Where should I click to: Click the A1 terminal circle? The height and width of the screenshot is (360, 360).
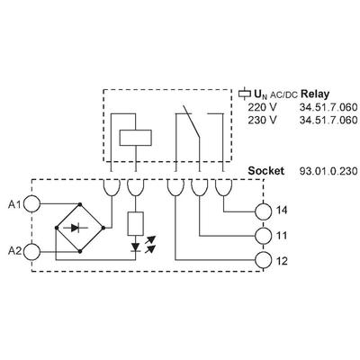click(x=31, y=203)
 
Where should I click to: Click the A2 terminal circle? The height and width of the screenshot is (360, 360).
click(x=31, y=252)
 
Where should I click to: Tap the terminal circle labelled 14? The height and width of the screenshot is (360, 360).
click(x=263, y=211)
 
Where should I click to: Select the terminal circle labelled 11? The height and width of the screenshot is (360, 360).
click(x=263, y=236)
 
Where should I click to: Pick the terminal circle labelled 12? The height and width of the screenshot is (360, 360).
click(x=263, y=260)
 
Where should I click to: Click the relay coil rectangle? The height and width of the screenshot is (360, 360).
click(x=135, y=138)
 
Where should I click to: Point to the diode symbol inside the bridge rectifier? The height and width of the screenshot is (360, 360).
click(x=76, y=228)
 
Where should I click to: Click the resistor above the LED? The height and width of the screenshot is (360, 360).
click(x=136, y=223)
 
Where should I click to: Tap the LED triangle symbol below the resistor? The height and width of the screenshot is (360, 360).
click(x=136, y=247)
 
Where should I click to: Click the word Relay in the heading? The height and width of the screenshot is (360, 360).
click(x=315, y=94)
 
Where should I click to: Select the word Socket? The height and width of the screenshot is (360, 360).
click(x=265, y=171)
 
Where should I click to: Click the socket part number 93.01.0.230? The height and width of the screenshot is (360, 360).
click(x=328, y=171)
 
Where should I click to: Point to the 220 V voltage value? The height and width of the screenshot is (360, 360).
click(x=262, y=107)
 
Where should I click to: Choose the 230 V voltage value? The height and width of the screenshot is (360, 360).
click(x=262, y=120)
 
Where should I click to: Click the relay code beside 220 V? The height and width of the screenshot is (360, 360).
click(x=328, y=107)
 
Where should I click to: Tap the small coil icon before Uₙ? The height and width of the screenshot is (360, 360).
click(x=244, y=94)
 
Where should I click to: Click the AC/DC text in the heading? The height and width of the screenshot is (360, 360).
click(x=283, y=95)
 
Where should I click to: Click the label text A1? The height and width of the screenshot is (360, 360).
click(x=14, y=204)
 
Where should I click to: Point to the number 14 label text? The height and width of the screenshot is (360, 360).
click(x=282, y=211)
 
